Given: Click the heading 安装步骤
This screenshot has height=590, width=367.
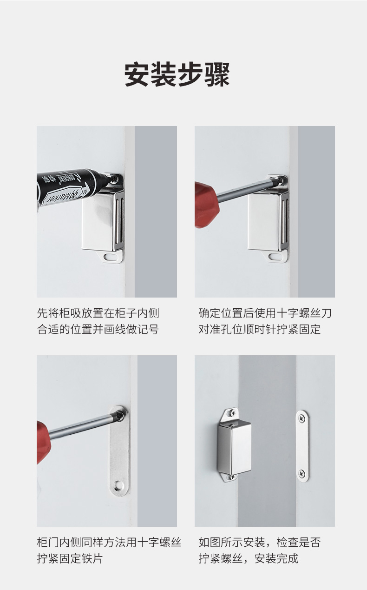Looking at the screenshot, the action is [x=177, y=75].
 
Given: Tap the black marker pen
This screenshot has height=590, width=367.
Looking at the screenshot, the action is [x=71, y=187].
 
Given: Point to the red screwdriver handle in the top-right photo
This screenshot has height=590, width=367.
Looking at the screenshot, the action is [x=207, y=205].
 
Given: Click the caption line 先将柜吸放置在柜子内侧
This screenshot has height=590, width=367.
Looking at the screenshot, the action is [x=98, y=313].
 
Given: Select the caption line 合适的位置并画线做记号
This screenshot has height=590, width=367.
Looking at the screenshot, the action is [x=98, y=329].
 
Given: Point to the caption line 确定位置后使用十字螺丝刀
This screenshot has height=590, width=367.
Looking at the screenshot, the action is [x=265, y=313].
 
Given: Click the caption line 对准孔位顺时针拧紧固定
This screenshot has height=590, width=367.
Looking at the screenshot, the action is [x=260, y=329].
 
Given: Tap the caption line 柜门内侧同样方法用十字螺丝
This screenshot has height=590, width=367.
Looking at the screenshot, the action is [x=109, y=542].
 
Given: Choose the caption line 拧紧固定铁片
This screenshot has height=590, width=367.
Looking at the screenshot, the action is [x=70, y=558].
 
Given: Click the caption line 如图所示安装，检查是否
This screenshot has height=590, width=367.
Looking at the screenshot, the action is [x=260, y=542].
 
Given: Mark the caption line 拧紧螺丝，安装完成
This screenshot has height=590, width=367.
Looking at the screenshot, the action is [x=249, y=558].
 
